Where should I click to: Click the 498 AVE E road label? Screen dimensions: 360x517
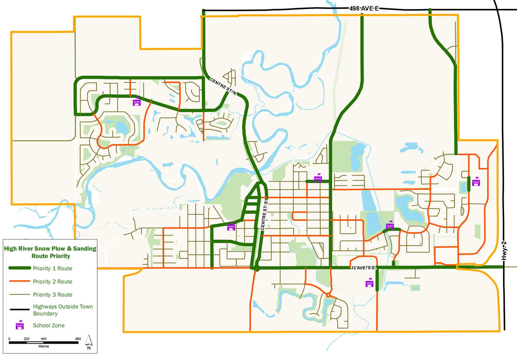[x=364, y=8]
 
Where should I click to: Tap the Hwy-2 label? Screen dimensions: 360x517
[x=504, y=251]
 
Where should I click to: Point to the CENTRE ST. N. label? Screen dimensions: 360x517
[x=223, y=87]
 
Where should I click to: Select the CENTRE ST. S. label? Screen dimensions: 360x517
[x=264, y=215]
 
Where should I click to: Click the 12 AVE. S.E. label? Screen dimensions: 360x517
[x=364, y=268]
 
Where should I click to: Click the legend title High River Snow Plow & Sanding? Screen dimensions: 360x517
[x=50, y=249]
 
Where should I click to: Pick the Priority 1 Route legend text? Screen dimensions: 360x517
[x=52, y=268]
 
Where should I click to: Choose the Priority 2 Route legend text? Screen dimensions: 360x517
[x=52, y=281]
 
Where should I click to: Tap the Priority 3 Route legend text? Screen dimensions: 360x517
[x=52, y=294]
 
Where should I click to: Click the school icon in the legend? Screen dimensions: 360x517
[x=20, y=325]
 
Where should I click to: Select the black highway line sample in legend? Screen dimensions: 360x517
[x=20, y=310]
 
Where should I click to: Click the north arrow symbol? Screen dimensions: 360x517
[x=89, y=342]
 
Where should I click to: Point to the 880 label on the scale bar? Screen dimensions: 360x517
[x=78, y=339]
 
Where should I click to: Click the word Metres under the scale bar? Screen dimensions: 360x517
[x=44, y=346]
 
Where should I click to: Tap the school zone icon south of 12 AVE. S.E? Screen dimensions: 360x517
[x=369, y=283]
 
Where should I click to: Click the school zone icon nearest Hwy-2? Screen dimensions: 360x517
[x=476, y=182]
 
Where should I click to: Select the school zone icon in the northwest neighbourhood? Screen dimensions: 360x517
[x=137, y=102]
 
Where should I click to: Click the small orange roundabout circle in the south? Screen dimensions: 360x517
[x=328, y=295]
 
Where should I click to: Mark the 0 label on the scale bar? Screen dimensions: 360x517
[x=9, y=339]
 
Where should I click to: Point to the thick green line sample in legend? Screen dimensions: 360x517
[x=20, y=268]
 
